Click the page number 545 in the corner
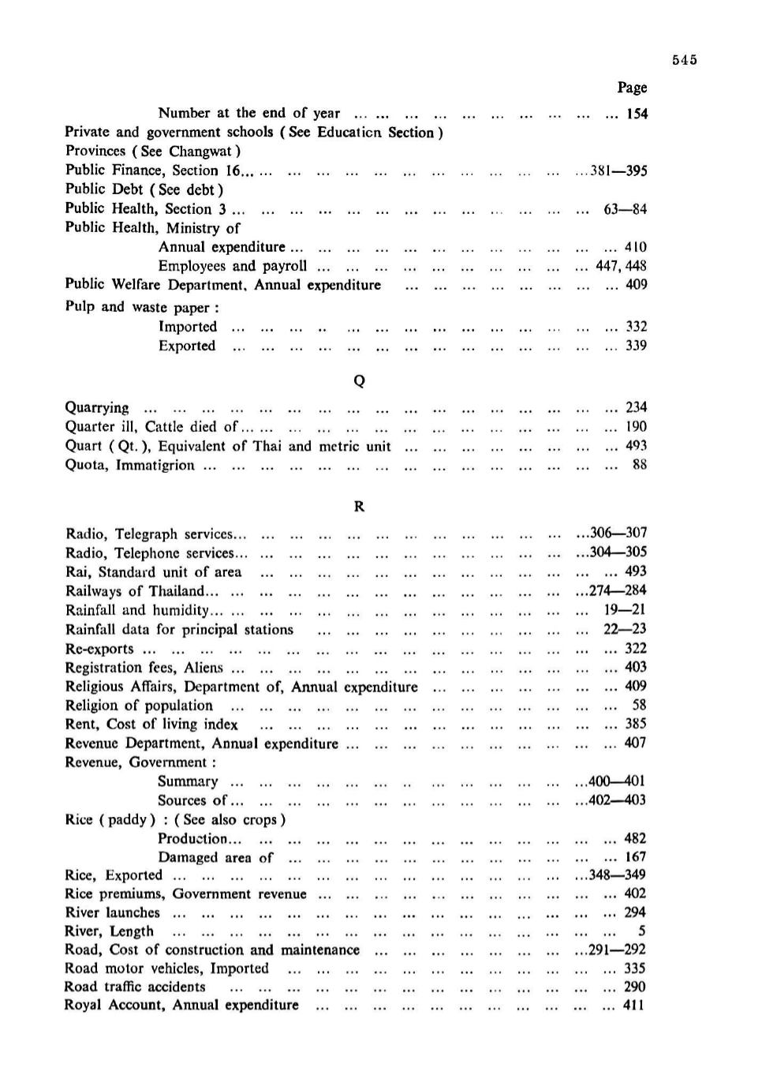pyautogui.click(x=685, y=60)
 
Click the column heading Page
pyautogui.click(x=632, y=88)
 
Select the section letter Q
pyautogui.click(x=359, y=381)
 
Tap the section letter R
pyautogui.click(x=359, y=507)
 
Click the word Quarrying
pyautogui.click(x=97, y=408)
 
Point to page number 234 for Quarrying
pyautogui.click(x=636, y=407)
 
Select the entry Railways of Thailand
pyautogui.click(x=135, y=591)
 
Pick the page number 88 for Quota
pyautogui.click(x=639, y=465)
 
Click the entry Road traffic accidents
pyautogui.click(x=135, y=987)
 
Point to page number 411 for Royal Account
pyautogui.click(x=634, y=1006)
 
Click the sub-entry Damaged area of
pyautogui.click(x=215, y=857)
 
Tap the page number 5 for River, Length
pyautogui.click(x=642, y=931)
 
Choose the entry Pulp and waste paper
pyautogui.click(x=142, y=307)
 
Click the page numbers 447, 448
pyautogui.click(x=621, y=266)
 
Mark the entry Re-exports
pyautogui.click(x=99, y=649)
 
